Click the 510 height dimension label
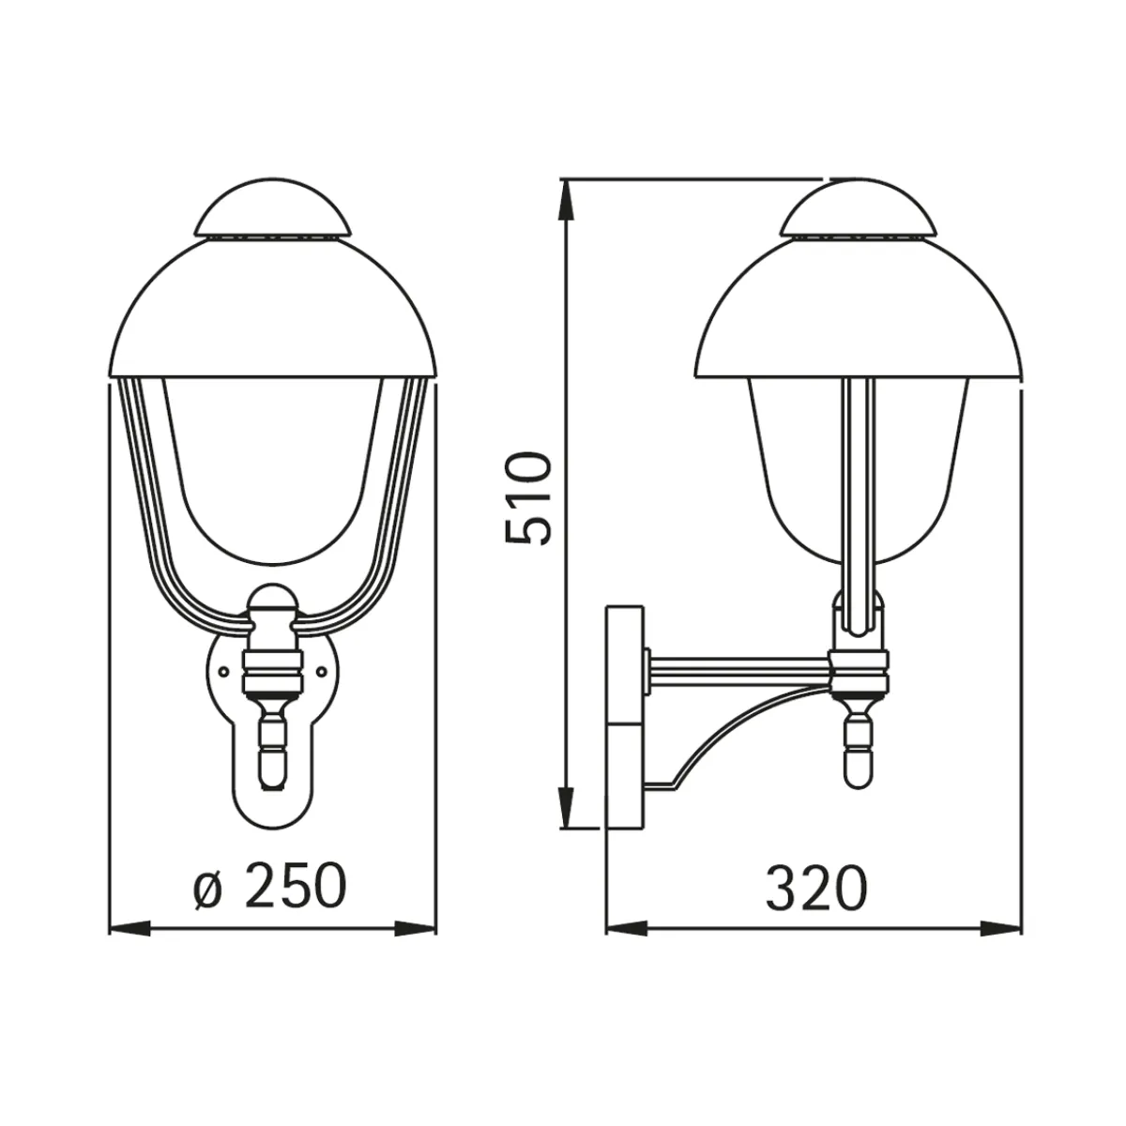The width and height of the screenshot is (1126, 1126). (x=528, y=498)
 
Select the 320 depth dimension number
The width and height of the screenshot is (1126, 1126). (x=817, y=887)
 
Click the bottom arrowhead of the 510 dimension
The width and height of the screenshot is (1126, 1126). (x=567, y=807)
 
